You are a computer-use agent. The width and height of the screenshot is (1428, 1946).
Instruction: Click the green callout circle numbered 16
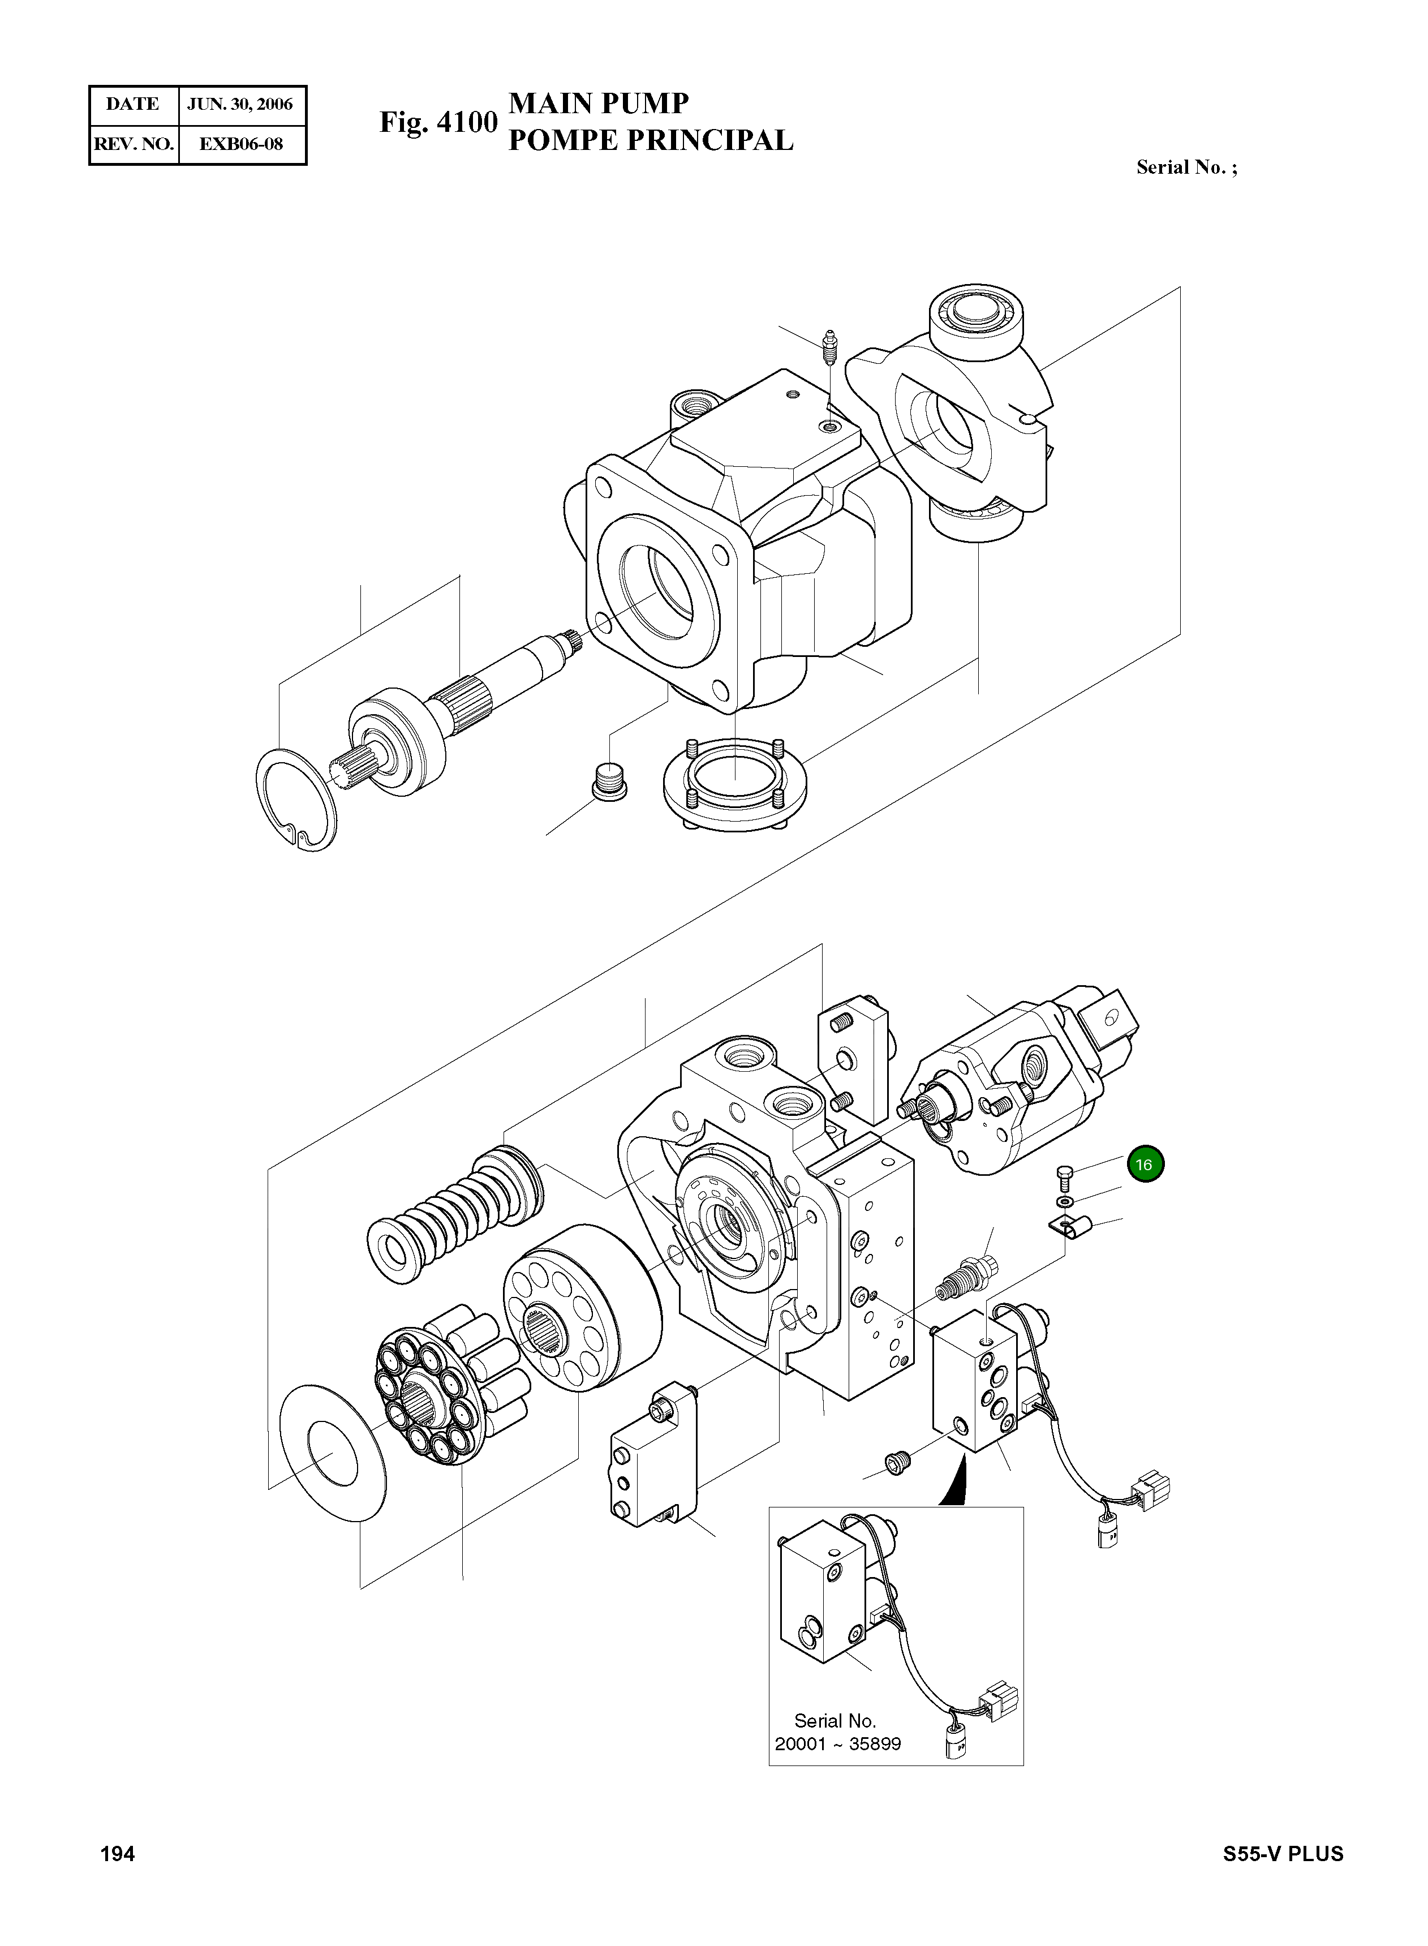tap(1145, 1165)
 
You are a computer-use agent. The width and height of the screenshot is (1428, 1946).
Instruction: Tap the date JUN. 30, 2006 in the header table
tap(240, 105)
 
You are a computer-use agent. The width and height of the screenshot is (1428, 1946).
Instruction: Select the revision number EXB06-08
tap(240, 144)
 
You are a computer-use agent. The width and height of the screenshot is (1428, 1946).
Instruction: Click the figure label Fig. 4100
tap(438, 123)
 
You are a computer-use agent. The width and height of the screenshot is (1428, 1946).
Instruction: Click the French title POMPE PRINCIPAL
tap(650, 140)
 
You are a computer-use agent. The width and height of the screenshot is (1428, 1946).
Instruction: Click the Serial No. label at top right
tap(1186, 167)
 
